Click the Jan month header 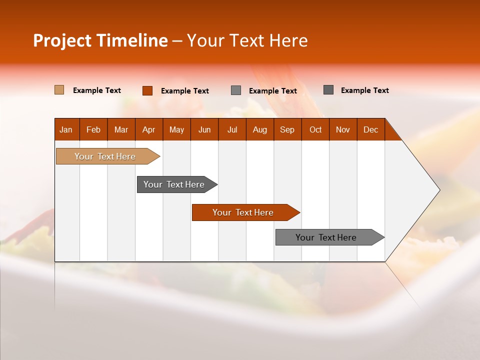click(x=66, y=129)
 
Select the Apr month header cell click(x=149, y=129)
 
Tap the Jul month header click(x=232, y=129)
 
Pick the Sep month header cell click(x=287, y=129)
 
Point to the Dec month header click(x=370, y=129)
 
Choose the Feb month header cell click(x=93, y=129)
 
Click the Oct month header click(x=315, y=129)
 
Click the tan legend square click(x=59, y=90)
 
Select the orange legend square click(x=147, y=90)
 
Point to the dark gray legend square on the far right click(x=328, y=90)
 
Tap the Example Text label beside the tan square click(x=97, y=90)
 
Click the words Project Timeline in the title click(x=100, y=40)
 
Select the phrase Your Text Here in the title click(x=247, y=40)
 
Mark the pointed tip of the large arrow click(x=438, y=190)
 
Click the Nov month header click(x=342, y=129)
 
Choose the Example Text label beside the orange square click(x=185, y=91)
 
